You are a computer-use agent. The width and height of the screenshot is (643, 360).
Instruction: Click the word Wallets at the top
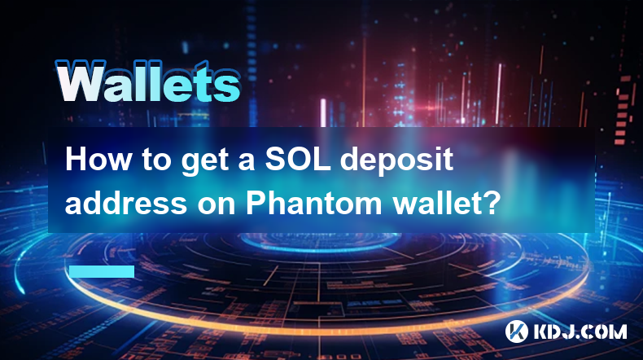click(147, 81)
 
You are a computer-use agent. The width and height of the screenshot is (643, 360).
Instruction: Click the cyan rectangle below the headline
click(102, 271)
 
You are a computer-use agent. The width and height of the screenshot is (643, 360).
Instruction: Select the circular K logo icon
click(516, 331)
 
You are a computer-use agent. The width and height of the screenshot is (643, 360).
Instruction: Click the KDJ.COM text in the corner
click(580, 331)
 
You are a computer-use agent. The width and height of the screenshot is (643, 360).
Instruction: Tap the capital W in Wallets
click(81, 81)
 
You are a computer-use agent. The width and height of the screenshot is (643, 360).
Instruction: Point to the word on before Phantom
click(217, 204)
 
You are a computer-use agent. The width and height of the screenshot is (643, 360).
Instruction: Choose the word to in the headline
click(155, 161)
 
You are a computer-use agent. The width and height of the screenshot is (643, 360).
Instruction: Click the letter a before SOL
click(247, 163)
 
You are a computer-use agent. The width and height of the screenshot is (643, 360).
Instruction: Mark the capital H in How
click(75, 160)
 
